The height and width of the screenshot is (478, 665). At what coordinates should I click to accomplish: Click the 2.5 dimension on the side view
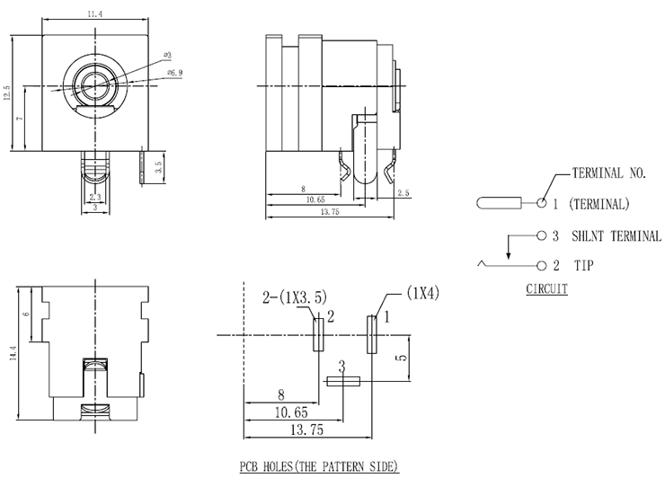coord(403,193)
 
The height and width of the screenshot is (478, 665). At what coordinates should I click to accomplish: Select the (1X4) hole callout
coord(422,293)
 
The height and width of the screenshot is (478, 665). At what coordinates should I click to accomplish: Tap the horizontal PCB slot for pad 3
coord(342,381)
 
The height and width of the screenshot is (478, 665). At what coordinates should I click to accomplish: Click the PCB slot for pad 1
coord(371,333)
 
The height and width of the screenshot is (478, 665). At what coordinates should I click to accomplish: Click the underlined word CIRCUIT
coord(546,289)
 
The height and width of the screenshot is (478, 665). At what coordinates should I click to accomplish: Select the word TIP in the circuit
coord(584,267)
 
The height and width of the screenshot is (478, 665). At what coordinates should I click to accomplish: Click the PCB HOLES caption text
coord(318,466)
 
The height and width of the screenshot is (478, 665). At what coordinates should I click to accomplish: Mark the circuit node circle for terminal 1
coord(542,203)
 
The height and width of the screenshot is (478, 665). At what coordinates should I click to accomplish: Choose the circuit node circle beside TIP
coord(542,267)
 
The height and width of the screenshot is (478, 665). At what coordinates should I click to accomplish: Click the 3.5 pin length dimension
coord(158,167)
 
